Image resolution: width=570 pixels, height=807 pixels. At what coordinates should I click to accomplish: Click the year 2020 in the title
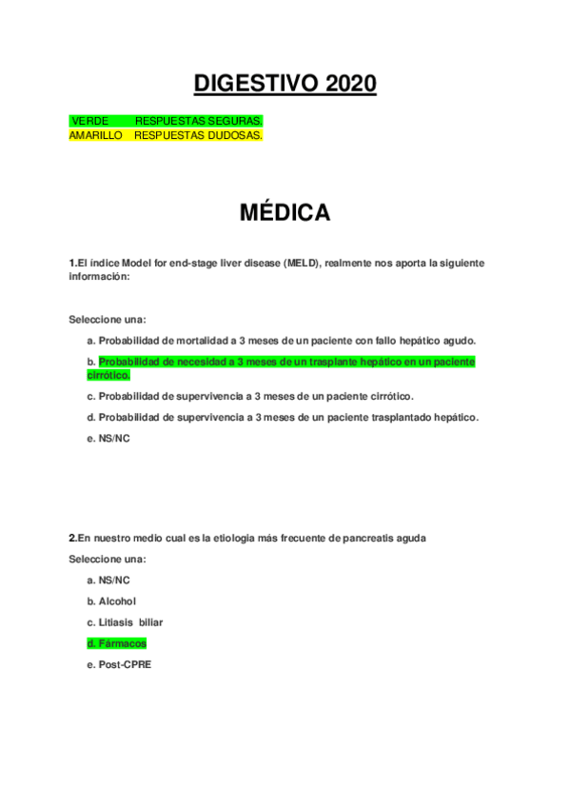pos(350,85)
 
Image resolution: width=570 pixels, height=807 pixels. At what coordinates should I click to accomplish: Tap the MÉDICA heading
pos(285,213)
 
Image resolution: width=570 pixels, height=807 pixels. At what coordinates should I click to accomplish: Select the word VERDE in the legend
pos(89,121)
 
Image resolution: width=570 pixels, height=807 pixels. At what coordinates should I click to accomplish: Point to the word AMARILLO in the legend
pos(96,135)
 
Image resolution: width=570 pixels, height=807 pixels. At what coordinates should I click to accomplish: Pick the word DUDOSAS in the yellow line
pos(235,135)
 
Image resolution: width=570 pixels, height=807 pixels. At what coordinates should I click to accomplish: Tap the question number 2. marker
pos(72,538)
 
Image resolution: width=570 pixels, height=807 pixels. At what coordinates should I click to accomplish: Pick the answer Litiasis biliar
pos(130,622)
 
